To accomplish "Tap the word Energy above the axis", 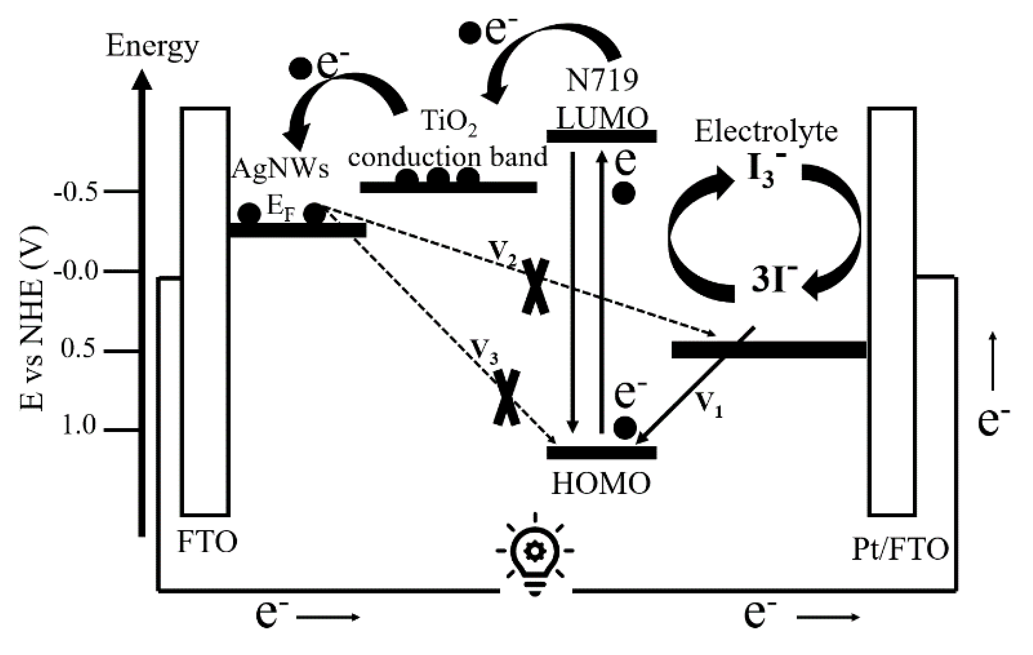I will click(152, 46).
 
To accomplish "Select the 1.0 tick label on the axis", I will click(79, 426).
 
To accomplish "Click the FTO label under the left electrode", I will click(207, 542).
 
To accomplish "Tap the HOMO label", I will click(601, 484).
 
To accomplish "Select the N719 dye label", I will click(602, 80).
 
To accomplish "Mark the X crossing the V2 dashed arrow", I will click(535, 287).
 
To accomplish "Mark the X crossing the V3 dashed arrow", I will click(507, 397).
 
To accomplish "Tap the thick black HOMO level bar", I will click(601, 452).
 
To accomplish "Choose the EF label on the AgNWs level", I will click(281, 209).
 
